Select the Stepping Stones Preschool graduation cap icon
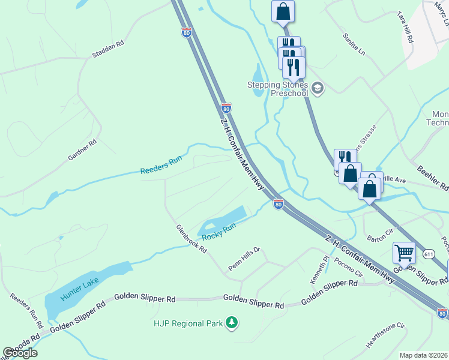318,89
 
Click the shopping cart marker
405,253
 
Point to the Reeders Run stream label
160,167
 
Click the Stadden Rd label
108,49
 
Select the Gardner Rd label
82,151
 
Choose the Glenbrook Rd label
191,238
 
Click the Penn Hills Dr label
243,259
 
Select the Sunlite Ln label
354,45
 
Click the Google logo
20,353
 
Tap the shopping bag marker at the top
283,11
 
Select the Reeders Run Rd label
27,310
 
